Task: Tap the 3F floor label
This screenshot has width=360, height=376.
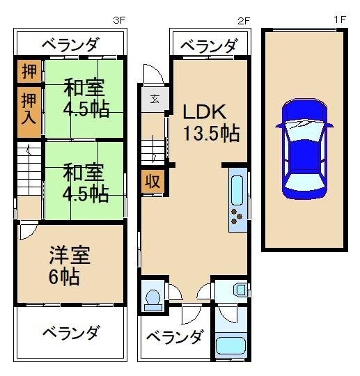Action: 119,21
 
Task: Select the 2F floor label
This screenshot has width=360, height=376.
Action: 243,21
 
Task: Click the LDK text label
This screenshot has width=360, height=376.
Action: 205,112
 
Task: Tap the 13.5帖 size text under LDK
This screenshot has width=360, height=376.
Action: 212,132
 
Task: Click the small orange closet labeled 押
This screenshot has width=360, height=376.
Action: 29,71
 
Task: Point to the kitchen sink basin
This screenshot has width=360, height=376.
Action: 236,189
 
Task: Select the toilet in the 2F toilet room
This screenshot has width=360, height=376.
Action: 152,298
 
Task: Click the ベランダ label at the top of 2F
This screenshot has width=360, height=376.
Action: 208,46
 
